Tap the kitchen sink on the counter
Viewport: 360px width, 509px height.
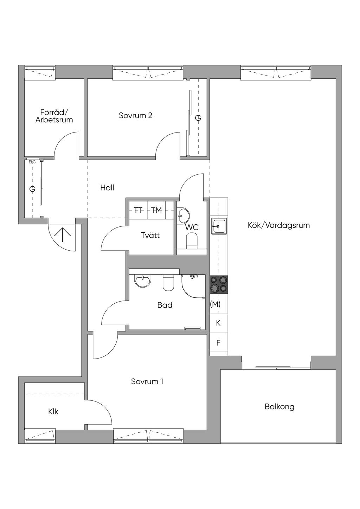point(219,226)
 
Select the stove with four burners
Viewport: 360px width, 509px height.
point(219,285)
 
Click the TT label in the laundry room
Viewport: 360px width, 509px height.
point(138,210)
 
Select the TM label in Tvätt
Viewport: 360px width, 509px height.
point(156,210)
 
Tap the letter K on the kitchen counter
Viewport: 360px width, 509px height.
point(218,323)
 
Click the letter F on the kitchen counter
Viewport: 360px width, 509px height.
point(218,343)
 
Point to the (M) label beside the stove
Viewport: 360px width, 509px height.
point(215,304)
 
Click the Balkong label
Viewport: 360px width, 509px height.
point(279,407)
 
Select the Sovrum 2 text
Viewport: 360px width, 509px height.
point(135,115)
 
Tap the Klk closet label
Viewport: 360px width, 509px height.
point(53,411)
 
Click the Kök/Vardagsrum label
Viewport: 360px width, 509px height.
point(279,225)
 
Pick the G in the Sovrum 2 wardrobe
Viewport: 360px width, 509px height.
point(198,118)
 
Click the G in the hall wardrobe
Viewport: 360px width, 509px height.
point(32,189)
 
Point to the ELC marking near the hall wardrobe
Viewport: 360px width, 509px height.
point(32,162)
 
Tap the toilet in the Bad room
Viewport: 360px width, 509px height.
point(168,283)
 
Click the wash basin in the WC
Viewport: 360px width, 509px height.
point(184,215)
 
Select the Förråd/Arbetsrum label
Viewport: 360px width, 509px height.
point(54,116)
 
